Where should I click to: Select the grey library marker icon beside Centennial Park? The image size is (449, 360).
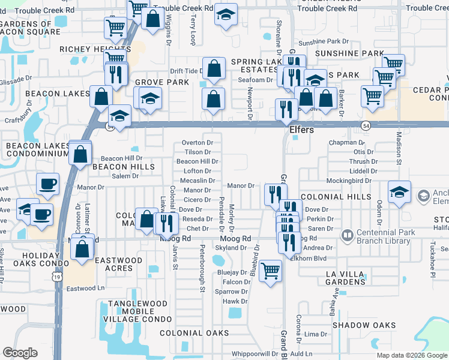click(346, 235)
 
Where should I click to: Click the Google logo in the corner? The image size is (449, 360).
click(20, 353)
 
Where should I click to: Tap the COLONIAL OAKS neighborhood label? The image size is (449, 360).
click(194, 333)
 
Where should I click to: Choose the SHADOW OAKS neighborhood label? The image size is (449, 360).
click(364, 325)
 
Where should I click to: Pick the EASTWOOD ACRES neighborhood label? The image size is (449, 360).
click(118, 265)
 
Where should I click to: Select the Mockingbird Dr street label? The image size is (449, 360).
click(351, 181)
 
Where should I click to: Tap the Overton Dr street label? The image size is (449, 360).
click(197, 143)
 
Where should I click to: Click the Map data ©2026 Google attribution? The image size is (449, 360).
click(411, 355)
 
